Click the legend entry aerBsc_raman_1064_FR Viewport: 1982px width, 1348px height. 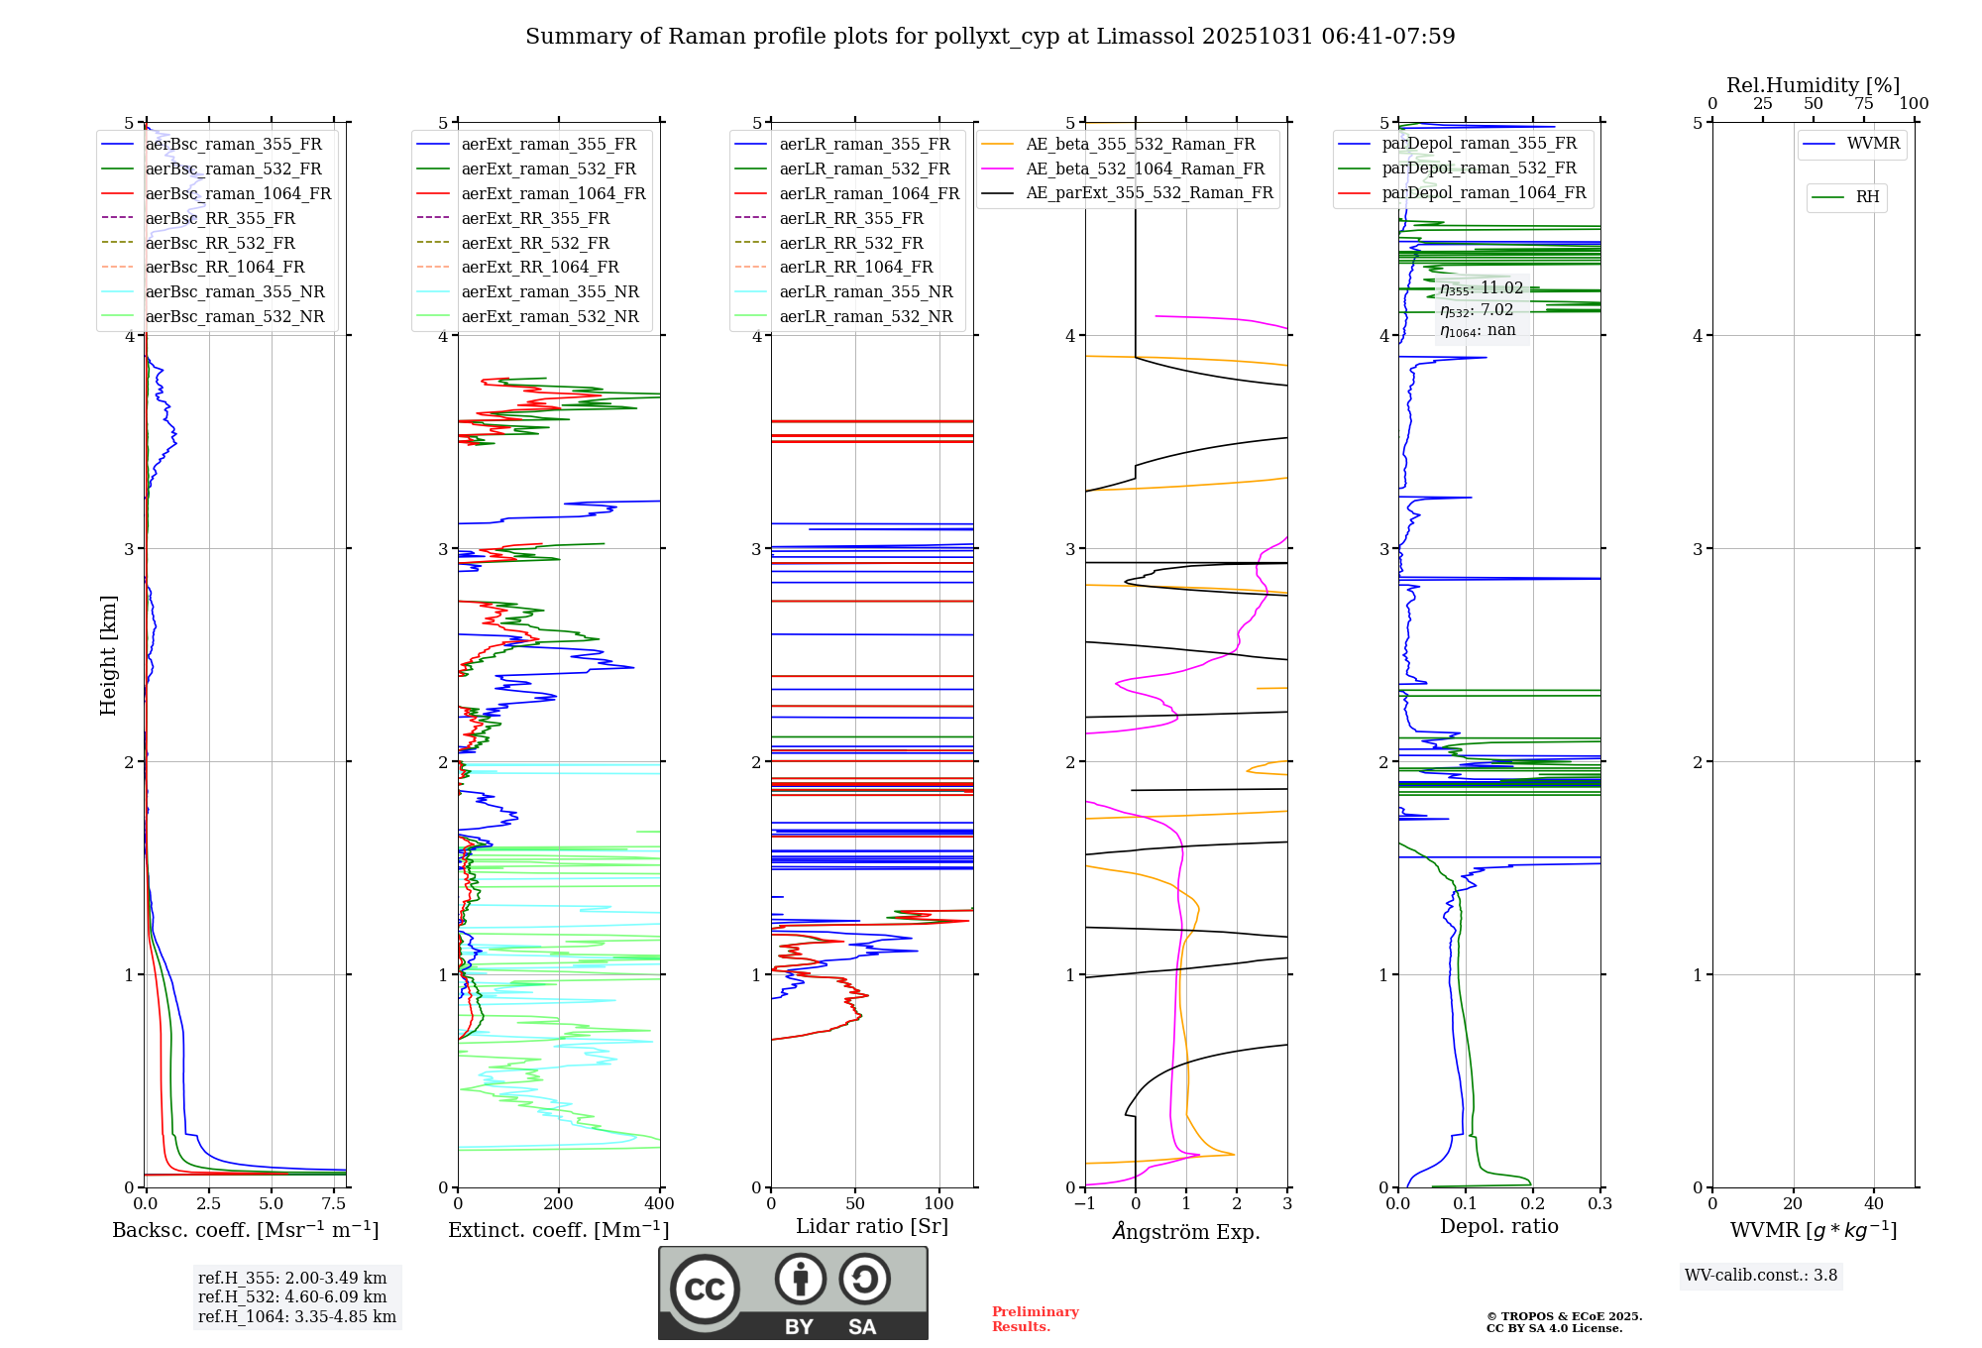tap(238, 193)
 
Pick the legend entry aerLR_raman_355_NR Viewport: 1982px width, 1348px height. tap(865, 291)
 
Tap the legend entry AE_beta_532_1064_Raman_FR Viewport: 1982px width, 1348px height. tap(1145, 168)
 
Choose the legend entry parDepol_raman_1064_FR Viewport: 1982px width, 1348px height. tap(1484, 192)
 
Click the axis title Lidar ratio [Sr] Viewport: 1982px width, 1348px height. tap(872, 1226)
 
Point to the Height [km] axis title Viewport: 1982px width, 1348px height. tap(108, 654)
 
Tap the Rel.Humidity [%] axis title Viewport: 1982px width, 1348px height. tap(1813, 85)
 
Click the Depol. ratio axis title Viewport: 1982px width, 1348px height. tap(1498, 1226)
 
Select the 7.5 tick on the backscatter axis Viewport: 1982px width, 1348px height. tap(334, 1203)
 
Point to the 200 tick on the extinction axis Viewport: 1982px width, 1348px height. tap(559, 1203)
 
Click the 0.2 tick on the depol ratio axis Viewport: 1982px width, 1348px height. tap(1533, 1203)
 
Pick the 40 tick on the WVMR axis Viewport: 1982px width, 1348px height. tap(1873, 1203)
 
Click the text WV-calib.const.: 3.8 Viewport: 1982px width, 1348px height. tap(1761, 1275)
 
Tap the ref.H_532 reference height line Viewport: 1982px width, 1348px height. tap(292, 1296)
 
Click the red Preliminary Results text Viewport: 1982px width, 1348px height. tap(1035, 1318)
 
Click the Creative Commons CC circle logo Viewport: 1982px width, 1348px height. tap(705, 1289)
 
